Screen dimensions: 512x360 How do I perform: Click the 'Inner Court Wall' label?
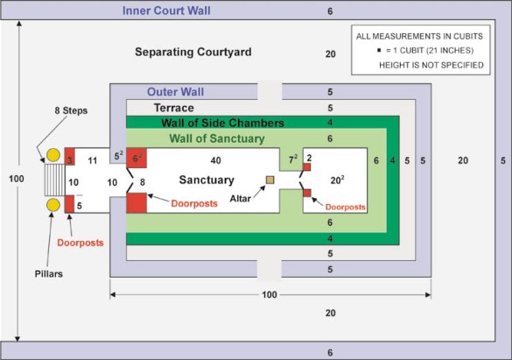[166, 11]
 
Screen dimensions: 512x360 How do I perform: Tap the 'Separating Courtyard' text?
[193, 52]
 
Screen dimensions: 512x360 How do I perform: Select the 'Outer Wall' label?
[175, 92]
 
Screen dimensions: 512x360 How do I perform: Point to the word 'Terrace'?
[174, 108]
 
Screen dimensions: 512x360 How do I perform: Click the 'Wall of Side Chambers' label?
[222, 123]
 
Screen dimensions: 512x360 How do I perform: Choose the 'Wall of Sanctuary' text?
[217, 138]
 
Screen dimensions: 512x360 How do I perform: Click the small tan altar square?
[270, 180]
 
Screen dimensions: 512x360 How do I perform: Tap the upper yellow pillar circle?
[53, 155]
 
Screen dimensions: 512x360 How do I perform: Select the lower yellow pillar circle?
[53, 205]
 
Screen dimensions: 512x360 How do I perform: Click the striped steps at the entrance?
[55, 180]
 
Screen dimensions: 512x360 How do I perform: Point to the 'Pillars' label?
[49, 274]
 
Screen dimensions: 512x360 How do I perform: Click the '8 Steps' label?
[71, 110]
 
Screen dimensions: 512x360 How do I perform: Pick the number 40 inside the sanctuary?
[216, 160]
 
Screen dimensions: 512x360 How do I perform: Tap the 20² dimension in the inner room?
[337, 180]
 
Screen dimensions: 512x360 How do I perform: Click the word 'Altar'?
[241, 199]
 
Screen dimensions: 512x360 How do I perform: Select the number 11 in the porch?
[93, 160]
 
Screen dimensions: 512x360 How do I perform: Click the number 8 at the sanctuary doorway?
[143, 182]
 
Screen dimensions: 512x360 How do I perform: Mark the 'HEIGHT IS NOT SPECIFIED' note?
[431, 66]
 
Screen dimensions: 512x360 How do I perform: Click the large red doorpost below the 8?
[137, 203]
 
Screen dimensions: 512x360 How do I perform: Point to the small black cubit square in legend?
[379, 50]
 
